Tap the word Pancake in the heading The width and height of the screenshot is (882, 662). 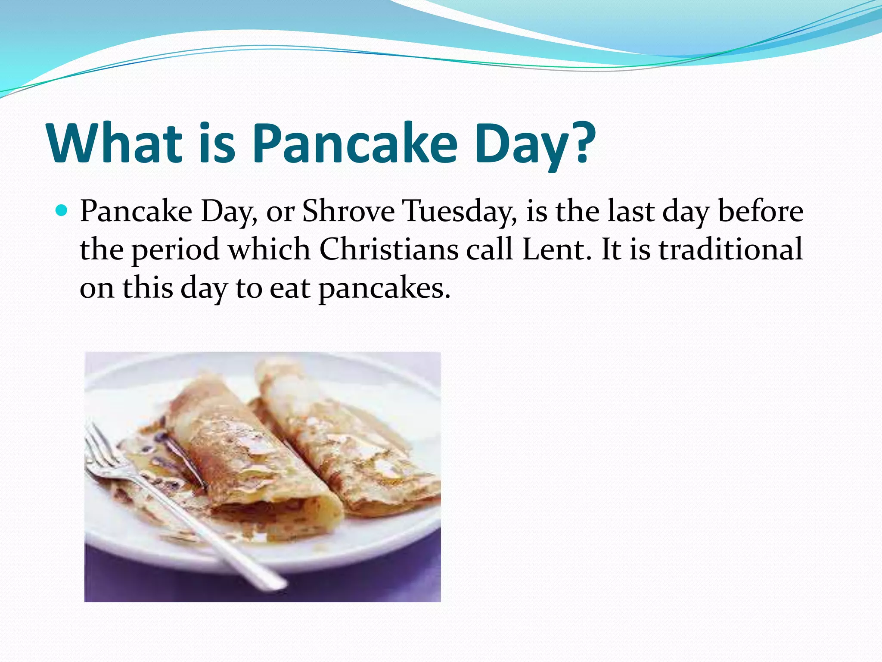point(354,143)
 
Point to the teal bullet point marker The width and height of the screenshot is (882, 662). point(62,211)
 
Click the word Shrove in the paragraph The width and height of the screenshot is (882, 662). point(348,212)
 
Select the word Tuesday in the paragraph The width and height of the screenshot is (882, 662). point(459,212)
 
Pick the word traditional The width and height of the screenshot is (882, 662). point(731,250)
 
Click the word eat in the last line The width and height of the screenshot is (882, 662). point(290,288)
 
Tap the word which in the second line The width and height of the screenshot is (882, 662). point(269,250)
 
